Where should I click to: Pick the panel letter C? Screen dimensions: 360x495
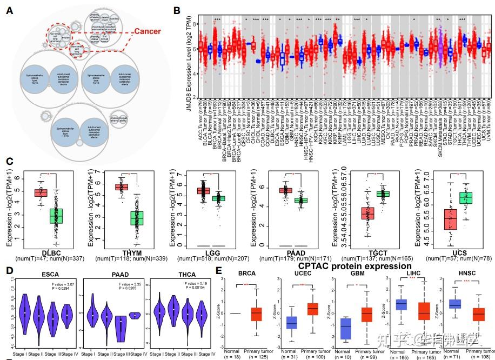pyautogui.click(x=10, y=161)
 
